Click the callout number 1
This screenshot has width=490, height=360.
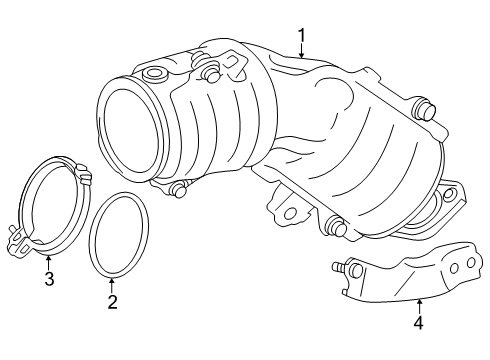301,37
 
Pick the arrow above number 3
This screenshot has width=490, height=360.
48,258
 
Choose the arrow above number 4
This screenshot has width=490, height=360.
419,300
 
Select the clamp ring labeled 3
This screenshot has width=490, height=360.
49,205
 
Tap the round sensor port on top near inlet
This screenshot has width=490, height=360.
154,74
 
